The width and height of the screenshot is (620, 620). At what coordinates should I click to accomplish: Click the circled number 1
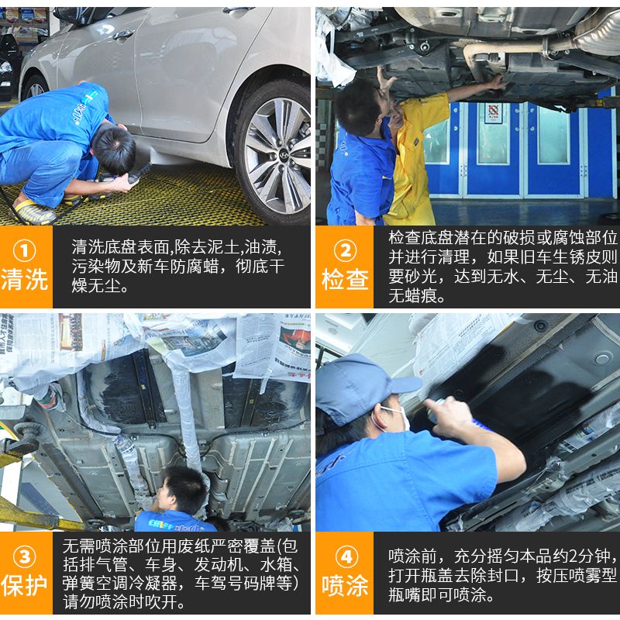[x=25, y=250]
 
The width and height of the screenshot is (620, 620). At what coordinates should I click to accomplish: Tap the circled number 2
[x=345, y=250]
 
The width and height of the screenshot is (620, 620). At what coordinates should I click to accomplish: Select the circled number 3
[x=25, y=556]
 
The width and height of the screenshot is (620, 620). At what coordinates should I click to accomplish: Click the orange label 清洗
[x=25, y=279]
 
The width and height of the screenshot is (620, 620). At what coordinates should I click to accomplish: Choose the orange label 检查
[x=345, y=279]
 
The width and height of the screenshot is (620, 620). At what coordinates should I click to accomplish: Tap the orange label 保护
[x=25, y=585]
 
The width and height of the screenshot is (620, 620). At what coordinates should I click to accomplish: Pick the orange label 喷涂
[x=345, y=585]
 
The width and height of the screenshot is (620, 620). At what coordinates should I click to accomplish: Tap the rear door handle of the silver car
[x=123, y=34]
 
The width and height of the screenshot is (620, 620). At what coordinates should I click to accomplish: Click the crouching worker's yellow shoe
[x=34, y=212]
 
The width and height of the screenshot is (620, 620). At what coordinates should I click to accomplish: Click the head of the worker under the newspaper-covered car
[x=184, y=489]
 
